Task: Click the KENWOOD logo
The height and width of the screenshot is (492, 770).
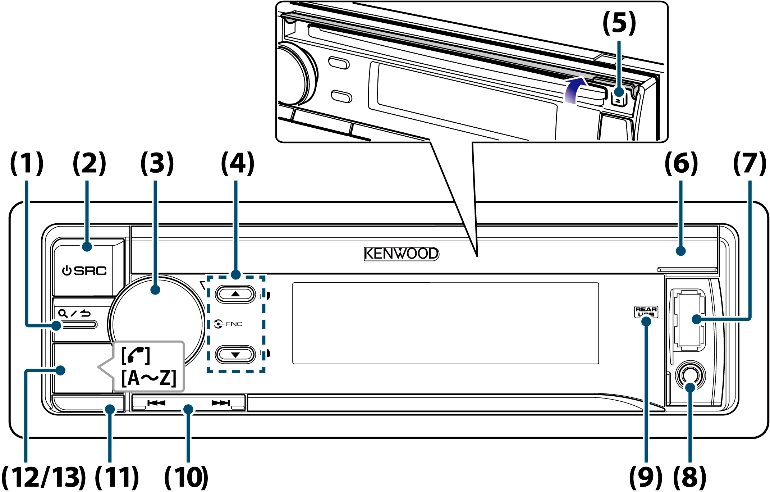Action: pos(401,254)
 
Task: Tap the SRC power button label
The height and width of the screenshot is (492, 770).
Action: pos(84,270)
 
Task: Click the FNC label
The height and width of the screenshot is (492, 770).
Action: pos(229,324)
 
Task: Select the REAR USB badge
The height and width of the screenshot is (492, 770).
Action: pos(646,311)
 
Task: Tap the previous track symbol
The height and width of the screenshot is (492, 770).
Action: pos(156,403)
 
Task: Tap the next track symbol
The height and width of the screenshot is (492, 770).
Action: pos(220,403)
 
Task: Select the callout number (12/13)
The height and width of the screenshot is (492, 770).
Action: pos(43,477)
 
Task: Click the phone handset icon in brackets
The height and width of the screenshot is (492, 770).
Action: pos(136,355)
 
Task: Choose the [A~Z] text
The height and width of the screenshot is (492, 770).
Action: pos(149,378)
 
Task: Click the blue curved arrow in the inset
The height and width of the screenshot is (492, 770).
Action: pos(574,90)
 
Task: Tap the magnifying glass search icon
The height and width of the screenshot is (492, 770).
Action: pos(63,313)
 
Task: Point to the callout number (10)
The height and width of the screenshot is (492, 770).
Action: pos(186,477)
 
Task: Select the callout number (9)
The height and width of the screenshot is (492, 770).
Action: pos(646,477)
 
